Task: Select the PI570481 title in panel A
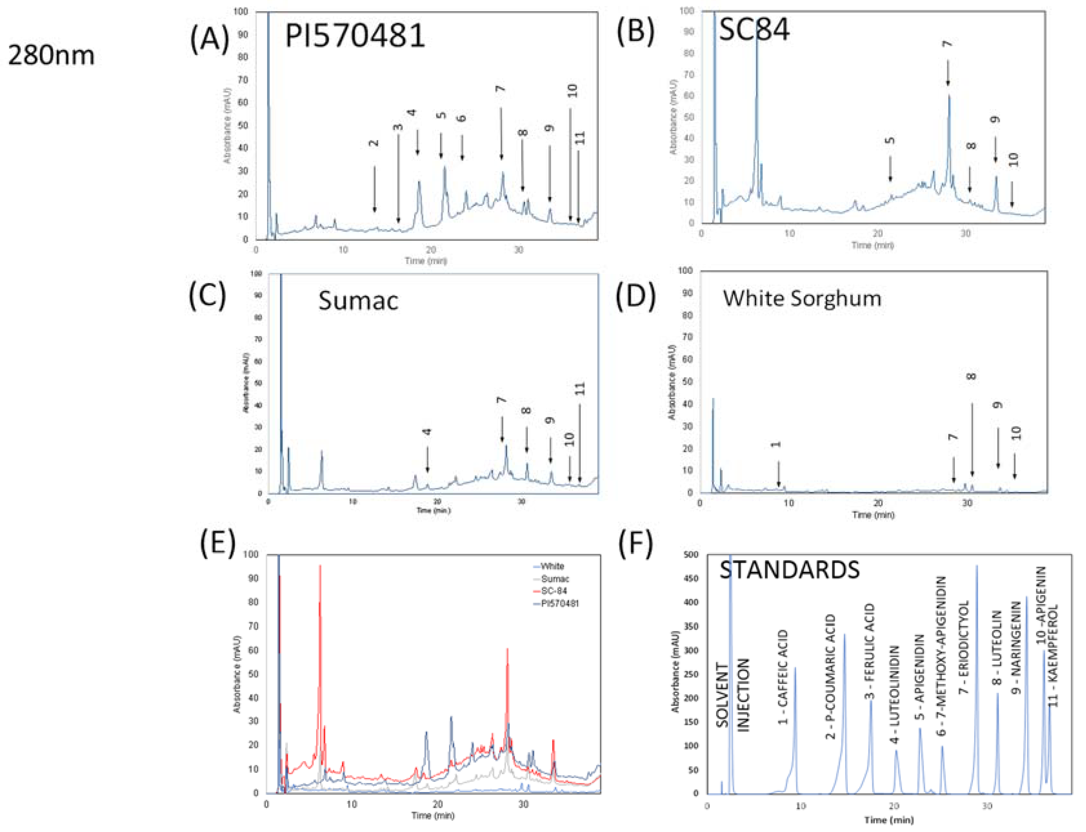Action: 354,36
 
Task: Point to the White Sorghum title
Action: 802,298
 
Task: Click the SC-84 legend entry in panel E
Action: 553,591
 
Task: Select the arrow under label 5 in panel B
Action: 890,169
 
